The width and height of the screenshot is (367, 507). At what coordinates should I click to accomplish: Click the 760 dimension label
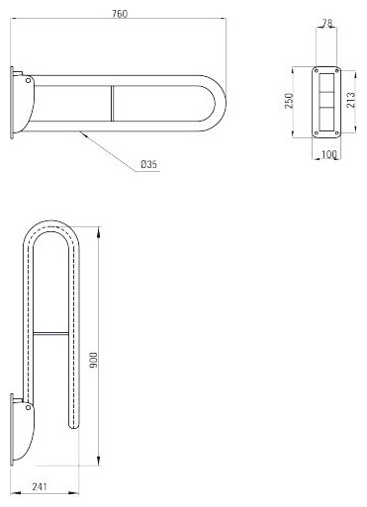[120, 14]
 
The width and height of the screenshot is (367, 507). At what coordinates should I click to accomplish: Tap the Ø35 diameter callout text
[149, 164]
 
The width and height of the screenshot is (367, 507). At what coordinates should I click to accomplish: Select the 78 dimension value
[326, 23]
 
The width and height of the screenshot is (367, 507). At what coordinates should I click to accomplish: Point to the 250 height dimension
[289, 101]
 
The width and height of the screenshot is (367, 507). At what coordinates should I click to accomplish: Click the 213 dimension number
[351, 100]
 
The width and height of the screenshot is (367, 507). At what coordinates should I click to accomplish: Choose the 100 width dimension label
[328, 154]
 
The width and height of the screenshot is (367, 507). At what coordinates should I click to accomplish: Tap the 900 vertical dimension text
[94, 360]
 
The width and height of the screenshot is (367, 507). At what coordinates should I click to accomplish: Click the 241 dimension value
[40, 486]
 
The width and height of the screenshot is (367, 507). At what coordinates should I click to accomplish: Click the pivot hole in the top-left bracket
[29, 80]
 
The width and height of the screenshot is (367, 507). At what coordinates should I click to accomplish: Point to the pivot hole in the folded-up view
[29, 408]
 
